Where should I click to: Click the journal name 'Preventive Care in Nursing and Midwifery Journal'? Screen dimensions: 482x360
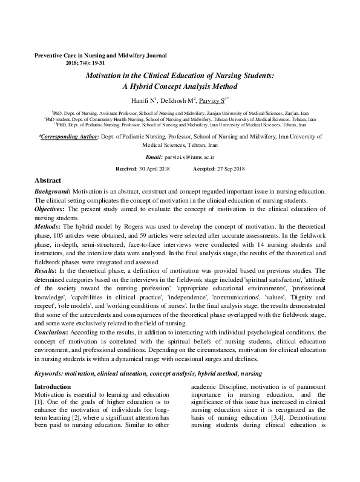click(100, 55)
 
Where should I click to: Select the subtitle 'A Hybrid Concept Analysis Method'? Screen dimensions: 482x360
click(179, 86)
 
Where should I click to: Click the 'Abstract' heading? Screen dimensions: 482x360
click(48, 180)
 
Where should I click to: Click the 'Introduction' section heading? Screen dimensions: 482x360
click(53, 386)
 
